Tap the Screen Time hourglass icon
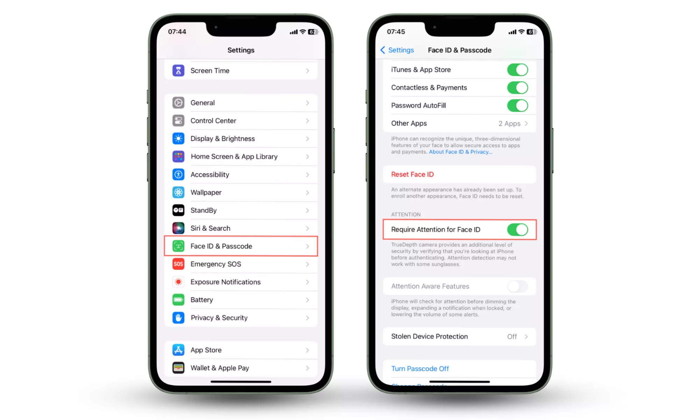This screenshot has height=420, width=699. tap(178, 71)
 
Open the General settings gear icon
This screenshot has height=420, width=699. tap(178, 103)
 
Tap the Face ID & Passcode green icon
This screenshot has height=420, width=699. tap(178, 246)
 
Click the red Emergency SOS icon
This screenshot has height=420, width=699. tap(178, 264)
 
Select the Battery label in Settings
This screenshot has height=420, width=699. tap(201, 300)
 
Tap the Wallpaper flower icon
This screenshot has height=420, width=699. tap(178, 192)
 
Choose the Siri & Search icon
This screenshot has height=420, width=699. tap(178, 228)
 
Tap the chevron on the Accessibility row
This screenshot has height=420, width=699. tap(307, 175)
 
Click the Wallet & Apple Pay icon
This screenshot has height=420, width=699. tap(178, 368)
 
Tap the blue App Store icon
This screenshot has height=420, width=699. tap(178, 350)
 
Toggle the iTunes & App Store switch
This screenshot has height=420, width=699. tap(518, 70)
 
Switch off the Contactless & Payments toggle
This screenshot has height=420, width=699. tap(518, 87)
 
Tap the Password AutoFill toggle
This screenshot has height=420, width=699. tap(518, 105)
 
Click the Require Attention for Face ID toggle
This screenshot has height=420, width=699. tap(518, 230)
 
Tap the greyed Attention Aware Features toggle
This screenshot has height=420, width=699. tap(518, 286)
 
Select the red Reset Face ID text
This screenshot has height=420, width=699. tap(412, 174)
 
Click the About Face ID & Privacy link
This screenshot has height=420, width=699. tap(461, 152)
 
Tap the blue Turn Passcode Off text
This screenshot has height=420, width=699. tap(420, 369)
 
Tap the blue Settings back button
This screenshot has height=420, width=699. tap(397, 50)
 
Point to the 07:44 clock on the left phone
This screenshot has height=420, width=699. tap(177, 31)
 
